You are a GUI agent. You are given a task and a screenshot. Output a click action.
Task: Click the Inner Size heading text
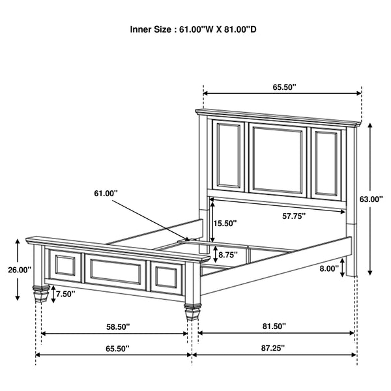(x=195, y=30)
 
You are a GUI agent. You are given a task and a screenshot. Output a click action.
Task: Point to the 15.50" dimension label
(x=225, y=224)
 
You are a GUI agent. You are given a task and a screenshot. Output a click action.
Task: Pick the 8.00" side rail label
(x=329, y=268)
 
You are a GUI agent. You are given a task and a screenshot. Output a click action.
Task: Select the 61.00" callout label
(x=106, y=193)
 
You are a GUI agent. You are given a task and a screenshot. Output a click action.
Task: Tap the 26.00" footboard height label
(x=20, y=270)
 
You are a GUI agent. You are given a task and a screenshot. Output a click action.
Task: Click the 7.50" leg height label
(x=65, y=294)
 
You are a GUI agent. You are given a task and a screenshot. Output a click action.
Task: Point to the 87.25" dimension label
(x=276, y=349)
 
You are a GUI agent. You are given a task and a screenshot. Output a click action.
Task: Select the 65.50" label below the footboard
(x=117, y=349)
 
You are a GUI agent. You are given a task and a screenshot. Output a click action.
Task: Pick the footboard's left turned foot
(x=41, y=293)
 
